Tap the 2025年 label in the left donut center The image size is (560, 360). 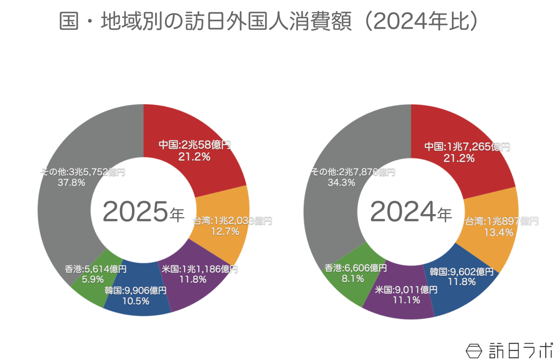click(x=143, y=212)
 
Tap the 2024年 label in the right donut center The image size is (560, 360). click(x=411, y=212)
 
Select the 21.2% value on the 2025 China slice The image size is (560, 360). click(x=194, y=157)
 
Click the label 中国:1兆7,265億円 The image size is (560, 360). click(x=467, y=147)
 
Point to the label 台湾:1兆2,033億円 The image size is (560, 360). click(x=232, y=221)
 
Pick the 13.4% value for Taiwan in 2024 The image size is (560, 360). click(x=498, y=232)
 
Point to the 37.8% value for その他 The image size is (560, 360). click(x=71, y=183)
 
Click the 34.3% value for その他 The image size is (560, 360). click(x=341, y=183)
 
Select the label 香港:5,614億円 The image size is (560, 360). click(x=96, y=269)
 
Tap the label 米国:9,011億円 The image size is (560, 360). click(x=406, y=290)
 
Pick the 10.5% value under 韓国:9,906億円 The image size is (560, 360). click(x=136, y=301)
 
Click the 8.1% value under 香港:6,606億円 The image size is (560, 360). click(x=353, y=279)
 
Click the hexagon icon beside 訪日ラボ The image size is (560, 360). click(x=474, y=351)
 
